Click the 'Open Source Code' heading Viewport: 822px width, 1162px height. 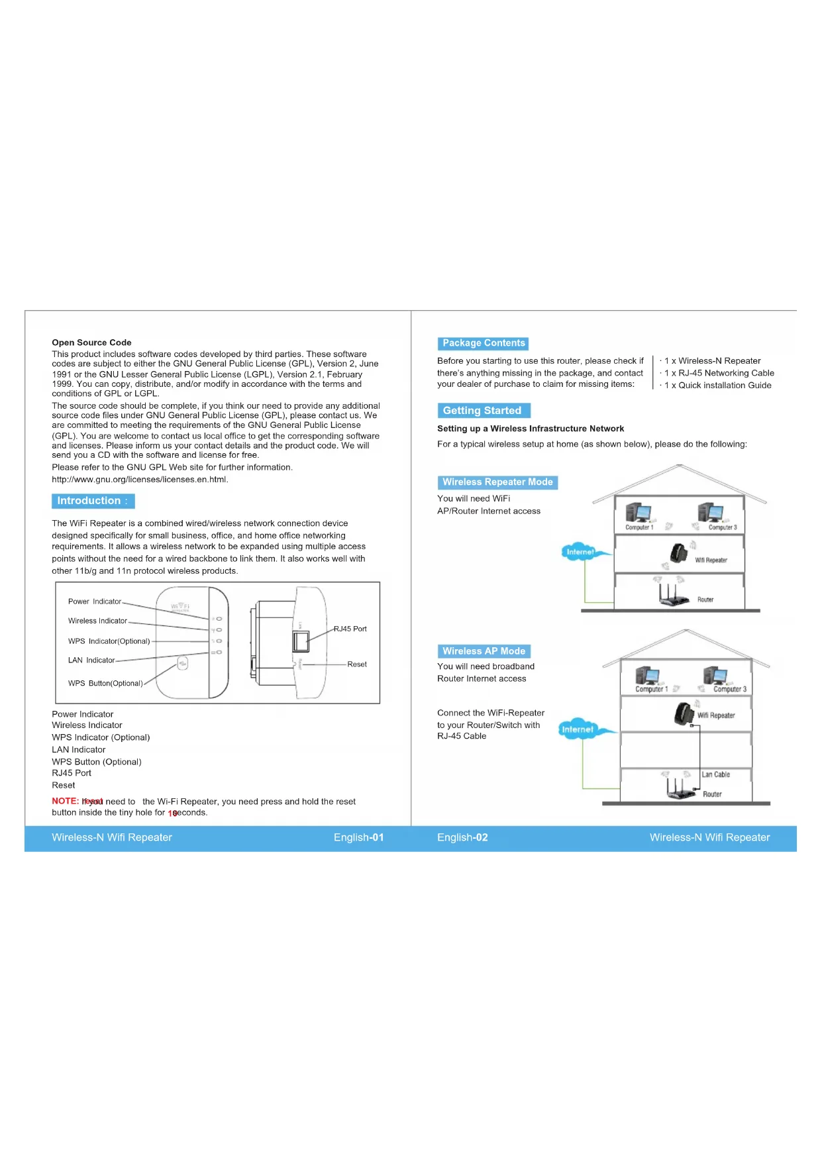click(x=91, y=343)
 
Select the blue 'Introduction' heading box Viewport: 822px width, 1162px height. click(x=93, y=501)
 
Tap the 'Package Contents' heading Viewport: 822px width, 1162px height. click(x=484, y=343)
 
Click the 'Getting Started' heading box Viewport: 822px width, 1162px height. click(x=483, y=411)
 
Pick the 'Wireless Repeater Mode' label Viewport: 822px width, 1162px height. click(x=497, y=482)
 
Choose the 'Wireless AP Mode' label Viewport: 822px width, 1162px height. click(x=484, y=651)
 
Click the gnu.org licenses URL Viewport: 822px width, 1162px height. click(x=140, y=480)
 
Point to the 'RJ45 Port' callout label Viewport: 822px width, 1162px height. click(x=350, y=629)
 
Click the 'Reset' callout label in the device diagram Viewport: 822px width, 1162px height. click(x=356, y=664)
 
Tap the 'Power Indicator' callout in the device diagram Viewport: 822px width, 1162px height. click(x=95, y=602)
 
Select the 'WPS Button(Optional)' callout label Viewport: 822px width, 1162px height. click(x=105, y=683)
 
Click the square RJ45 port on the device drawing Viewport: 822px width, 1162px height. click(x=301, y=641)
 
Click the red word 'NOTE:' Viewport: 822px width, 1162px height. click(x=65, y=801)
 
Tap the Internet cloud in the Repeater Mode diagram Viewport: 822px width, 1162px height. click(x=580, y=552)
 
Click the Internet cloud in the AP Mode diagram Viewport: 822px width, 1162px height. click(x=578, y=729)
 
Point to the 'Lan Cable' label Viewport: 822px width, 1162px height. click(x=715, y=774)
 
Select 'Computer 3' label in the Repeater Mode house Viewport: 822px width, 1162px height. click(x=722, y=527)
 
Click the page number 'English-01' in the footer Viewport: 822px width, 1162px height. click(x=358, y=837)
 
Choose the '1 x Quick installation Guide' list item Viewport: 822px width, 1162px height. click(x=718, y=386)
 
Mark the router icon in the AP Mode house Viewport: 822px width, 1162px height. click(x=680, y=788)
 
